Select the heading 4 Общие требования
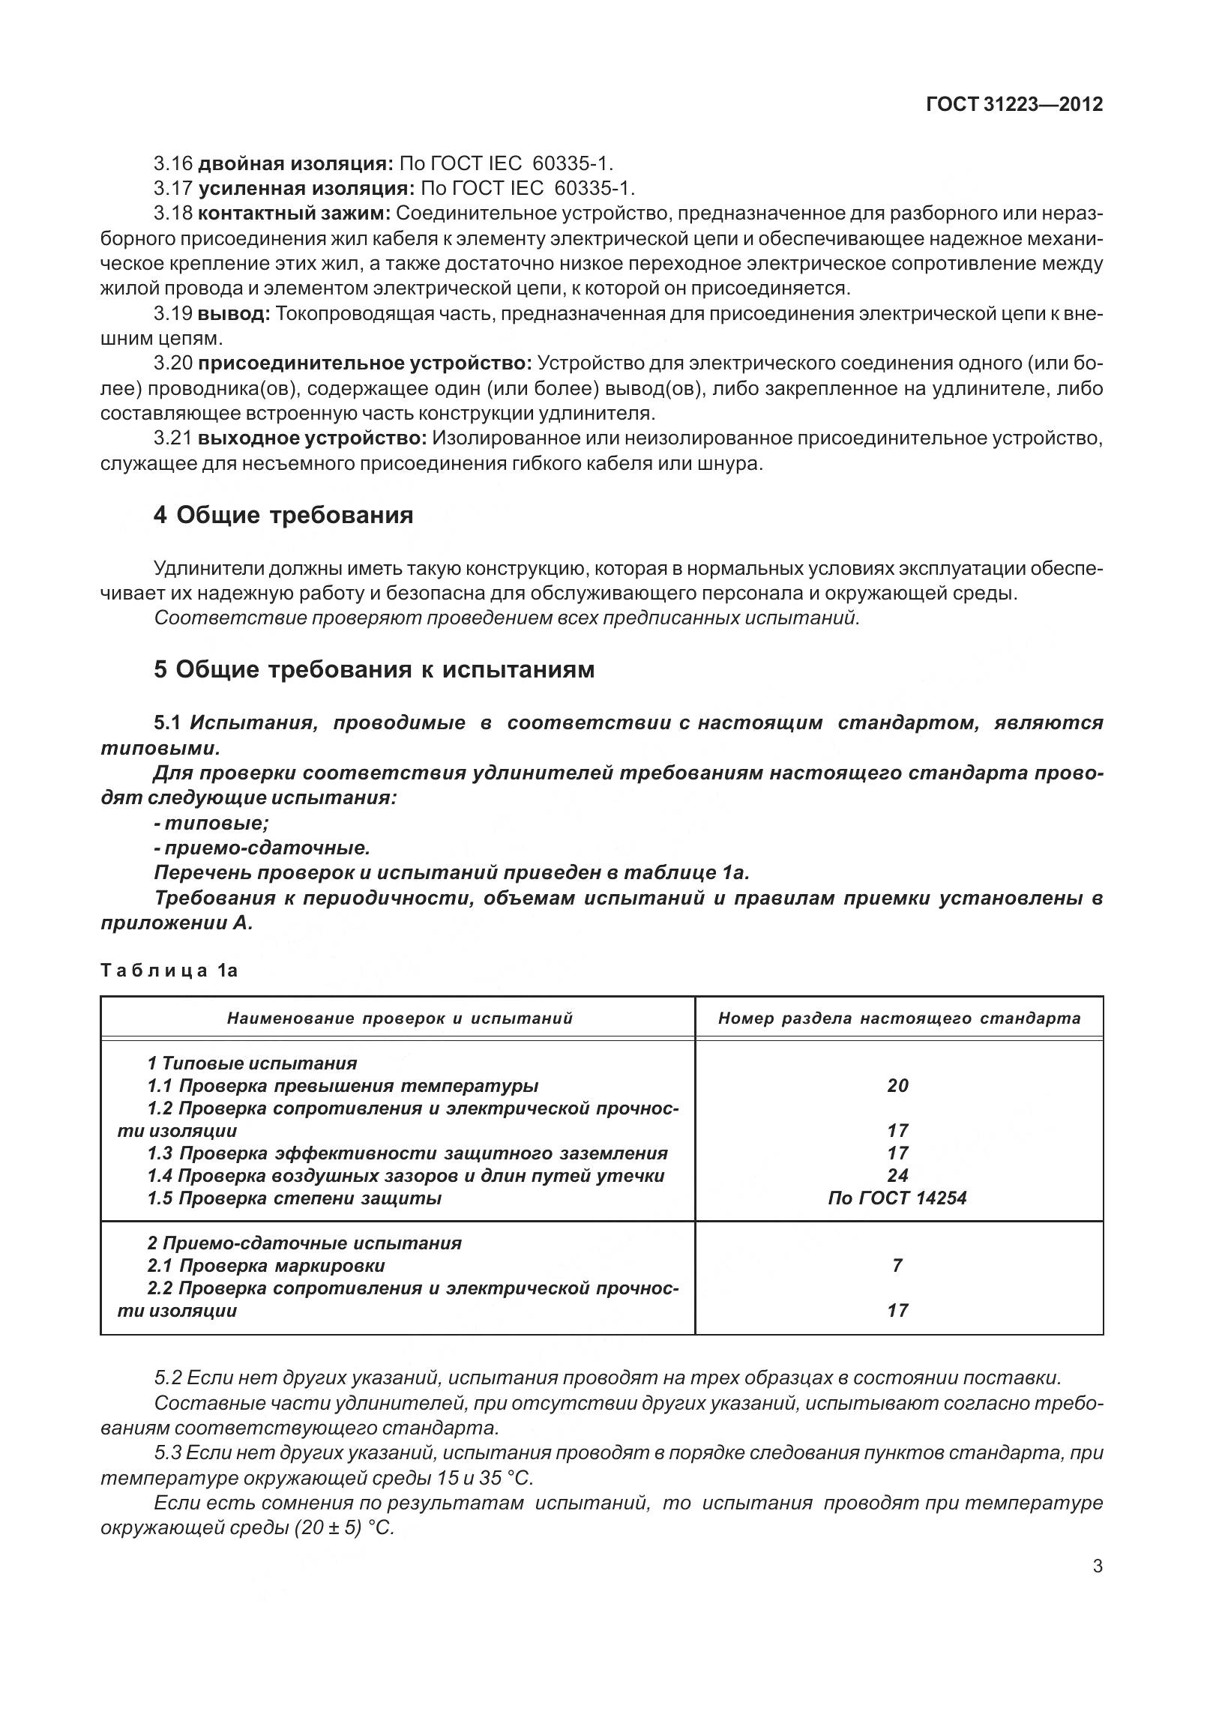[283, 516]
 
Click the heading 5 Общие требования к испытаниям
[374, 669]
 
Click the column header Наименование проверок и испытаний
[400, 1018]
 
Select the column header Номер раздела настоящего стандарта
[899, 1018]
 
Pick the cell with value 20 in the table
[897, 1085]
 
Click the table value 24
[897, 1175]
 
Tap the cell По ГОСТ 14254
[897, 1198]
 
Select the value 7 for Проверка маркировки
[897, 1266]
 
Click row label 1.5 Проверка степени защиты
[294, 1198]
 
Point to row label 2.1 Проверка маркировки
[266, 1266]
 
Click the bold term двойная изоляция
[295, 163]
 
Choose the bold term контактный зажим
[294, 213]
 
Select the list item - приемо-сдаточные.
[262, 848]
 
